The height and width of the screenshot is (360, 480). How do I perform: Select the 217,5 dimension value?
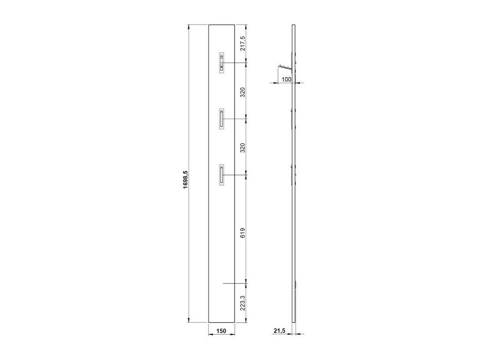pyautogui.click(x=243, y=43)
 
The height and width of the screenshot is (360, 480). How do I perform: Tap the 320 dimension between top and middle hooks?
pyautogui.click(x=243, y=92)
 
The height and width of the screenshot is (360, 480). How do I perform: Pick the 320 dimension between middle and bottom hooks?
pyautogui.click(x=243, y=148)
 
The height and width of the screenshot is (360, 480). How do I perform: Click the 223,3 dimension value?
pyautogui.click(x=243, y=303)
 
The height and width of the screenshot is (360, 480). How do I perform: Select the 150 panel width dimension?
pyautogui.click(x=221, y=331)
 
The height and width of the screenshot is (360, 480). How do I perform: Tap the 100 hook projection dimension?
pyautogui.click(x=286, y=79)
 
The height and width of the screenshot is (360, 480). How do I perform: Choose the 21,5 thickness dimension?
pyautogui.click(x=279, y=331)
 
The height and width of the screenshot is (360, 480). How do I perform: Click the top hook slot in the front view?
pyautogui.click(x=222, y=63)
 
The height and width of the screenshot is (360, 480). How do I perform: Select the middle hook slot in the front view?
pyautogui.click(x=221, y=118)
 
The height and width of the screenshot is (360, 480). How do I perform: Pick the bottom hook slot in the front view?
pyautogui.click(x=221, y=175)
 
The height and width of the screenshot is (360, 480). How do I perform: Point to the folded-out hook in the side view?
pyautogui.click(x=285, y=68)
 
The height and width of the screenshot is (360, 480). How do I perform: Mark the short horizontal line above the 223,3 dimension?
pyautogui.click(x=235, y=283)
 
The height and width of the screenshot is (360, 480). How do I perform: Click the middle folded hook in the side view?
pyautogui.click(x=292, y=118)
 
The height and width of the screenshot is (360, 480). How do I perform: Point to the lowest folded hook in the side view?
pyautogui.click(x=292, y=175)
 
